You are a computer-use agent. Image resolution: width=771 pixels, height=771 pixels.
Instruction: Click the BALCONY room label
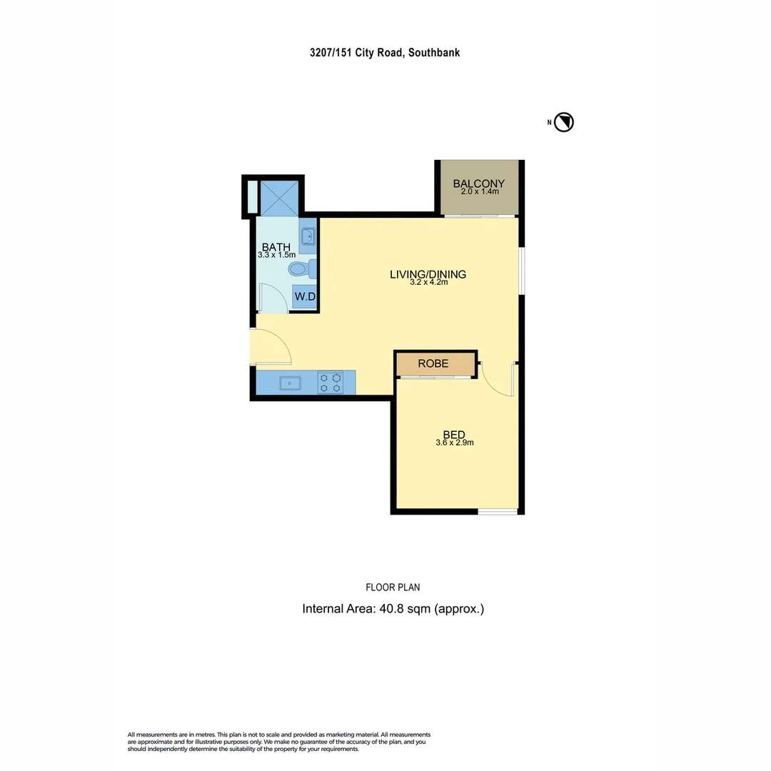tap(479, 183)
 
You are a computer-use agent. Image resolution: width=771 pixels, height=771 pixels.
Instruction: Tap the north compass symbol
tap(565, 122)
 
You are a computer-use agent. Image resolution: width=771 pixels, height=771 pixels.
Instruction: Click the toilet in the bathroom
tap(300, 269)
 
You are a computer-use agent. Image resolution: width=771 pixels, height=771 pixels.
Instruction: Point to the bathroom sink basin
tap(308, 236)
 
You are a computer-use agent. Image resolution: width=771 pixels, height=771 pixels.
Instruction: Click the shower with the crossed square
tap(278, 196)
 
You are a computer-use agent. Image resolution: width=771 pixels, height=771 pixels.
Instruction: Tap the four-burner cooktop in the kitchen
tap(330, 383)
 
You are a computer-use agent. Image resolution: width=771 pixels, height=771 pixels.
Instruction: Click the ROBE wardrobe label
tap(433, 363)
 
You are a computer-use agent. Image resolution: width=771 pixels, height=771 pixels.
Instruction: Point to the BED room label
tap(454, 435)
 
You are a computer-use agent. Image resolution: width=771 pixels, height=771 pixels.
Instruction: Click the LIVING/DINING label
tap(428, 274)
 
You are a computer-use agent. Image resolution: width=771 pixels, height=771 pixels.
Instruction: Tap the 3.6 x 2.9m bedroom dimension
tap(455, 443)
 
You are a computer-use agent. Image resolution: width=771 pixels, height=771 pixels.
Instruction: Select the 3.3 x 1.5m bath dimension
tap(276, 255)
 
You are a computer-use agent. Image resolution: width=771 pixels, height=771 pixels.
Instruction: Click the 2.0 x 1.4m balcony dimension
tap(479, 191)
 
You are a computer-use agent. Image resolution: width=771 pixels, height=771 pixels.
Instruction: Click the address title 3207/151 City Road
tap(385, 52)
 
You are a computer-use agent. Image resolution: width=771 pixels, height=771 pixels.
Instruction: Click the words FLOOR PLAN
tap(393, 588)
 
